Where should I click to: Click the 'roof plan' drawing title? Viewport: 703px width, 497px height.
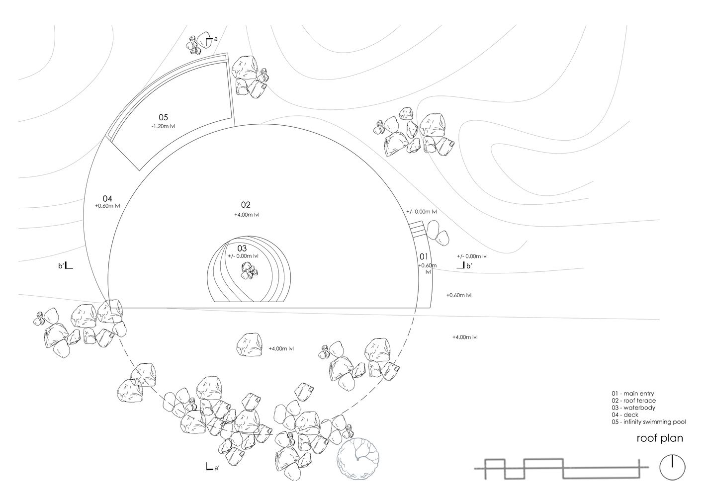click(x=660, y=438)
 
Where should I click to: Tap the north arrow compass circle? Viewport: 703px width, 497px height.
click(x=672, y=467)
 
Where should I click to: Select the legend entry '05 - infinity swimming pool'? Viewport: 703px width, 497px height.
click(x=648, y=422)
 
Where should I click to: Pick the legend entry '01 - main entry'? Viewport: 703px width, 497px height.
click(x=633, y=394)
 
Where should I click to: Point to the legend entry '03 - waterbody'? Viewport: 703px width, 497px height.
click(x=633, y=408)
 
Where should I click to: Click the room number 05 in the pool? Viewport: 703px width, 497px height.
click(x=163, y=117)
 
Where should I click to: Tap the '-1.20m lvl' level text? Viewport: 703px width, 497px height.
click(x=163, y=126)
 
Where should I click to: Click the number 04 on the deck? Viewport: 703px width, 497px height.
click(x=107, y=198)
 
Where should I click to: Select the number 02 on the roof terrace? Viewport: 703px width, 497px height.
click(x=246, y=205)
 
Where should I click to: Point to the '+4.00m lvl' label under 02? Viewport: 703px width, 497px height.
click(x=247, y=215)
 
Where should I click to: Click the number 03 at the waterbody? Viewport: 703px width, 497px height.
click(x=242, y=248)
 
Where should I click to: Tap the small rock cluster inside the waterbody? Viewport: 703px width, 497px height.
click(x=250, y=271)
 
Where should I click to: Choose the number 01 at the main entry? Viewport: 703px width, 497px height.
click(x=424, y=256)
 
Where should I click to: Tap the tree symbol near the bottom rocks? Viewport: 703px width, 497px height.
click(x=358, y=459)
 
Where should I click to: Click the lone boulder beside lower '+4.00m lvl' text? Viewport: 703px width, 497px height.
click(x=249, y=344)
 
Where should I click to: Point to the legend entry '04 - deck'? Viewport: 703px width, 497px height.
click(x=625, y=415)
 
